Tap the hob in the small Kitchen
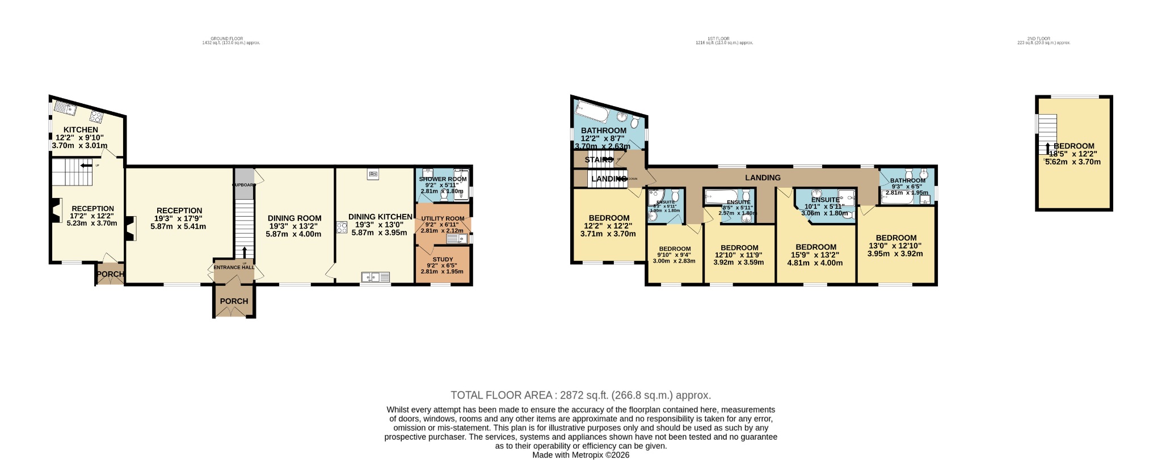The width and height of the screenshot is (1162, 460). (96, 117)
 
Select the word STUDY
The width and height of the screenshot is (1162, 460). (443, 260)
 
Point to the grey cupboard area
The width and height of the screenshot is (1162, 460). (244, 183)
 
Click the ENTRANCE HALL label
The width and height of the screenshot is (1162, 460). (233, 267)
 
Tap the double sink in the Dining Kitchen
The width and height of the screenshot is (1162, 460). (376, 277)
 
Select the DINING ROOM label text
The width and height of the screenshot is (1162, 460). (294, 218)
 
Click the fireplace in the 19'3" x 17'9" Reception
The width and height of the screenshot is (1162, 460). (130, 229)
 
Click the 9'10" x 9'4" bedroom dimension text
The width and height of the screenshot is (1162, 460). (675, 255)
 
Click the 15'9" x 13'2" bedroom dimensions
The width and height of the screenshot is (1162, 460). (815, 255)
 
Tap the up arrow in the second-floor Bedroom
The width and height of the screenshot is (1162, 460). (1047, 148)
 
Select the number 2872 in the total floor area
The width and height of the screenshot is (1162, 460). (572, 395)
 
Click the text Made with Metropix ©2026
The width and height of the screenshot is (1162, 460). (580, 455)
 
